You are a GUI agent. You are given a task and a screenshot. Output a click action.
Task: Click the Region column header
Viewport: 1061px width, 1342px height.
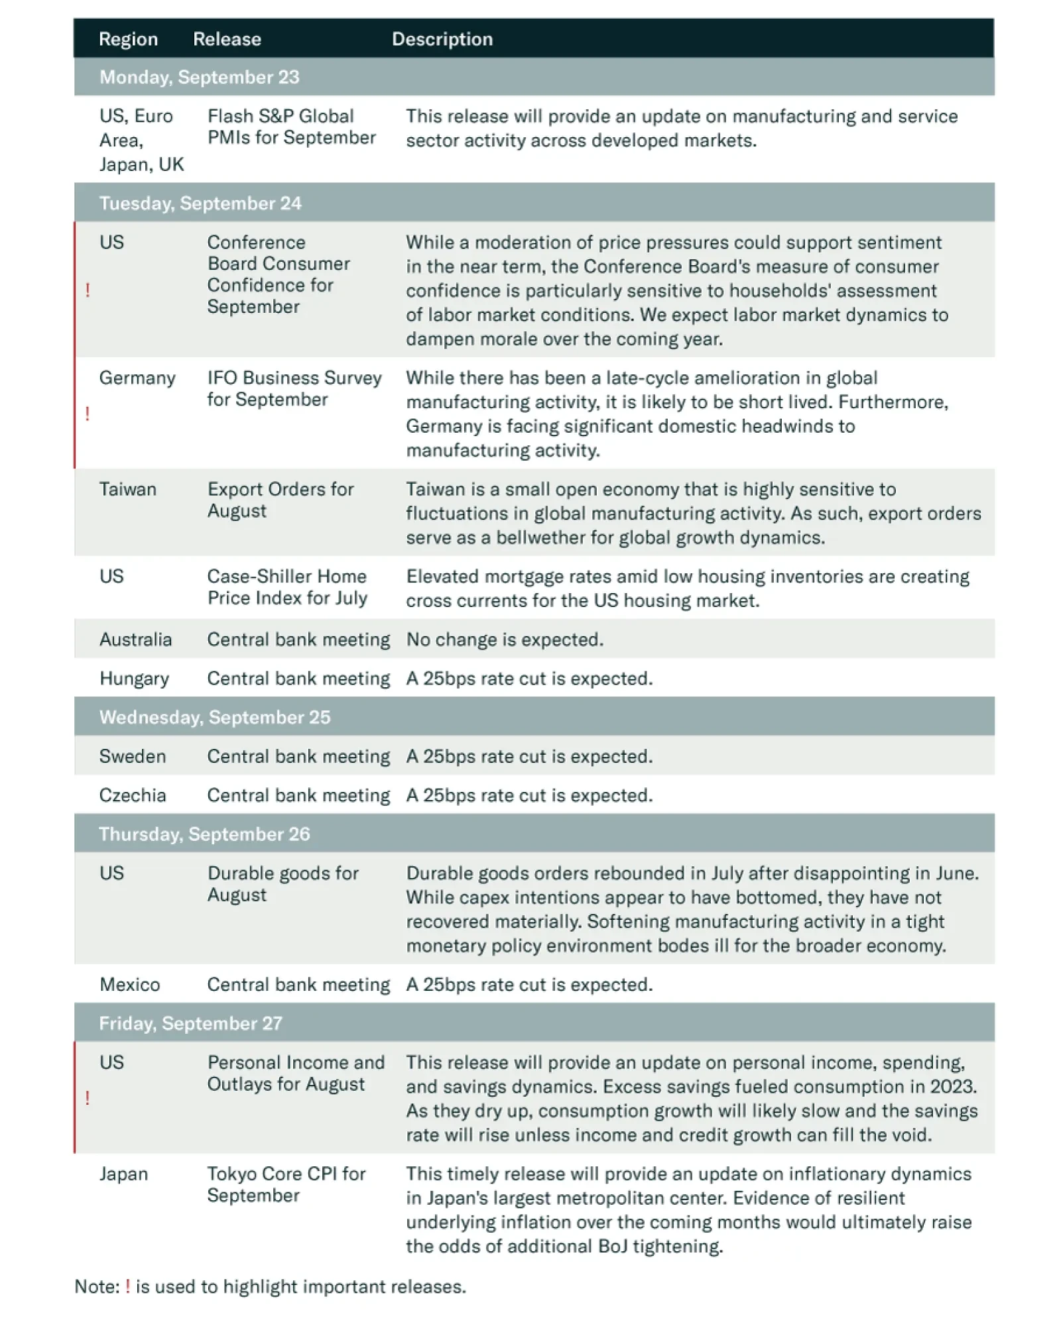tap(128, 39)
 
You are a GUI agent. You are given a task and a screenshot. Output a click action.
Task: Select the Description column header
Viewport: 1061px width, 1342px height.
tap(442, 39)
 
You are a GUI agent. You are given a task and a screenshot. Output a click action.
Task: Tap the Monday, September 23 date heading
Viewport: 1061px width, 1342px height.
tap(199, 77)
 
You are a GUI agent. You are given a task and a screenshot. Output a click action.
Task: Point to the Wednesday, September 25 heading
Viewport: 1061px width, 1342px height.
tap(214, 717)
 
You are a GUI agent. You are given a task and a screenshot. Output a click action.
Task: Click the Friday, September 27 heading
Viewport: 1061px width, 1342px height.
tap(190, 1023)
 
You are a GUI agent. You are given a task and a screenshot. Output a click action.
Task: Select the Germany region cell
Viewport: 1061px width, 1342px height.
tap(137, 378)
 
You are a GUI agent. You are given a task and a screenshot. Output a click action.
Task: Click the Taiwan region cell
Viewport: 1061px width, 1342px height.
tap(128, 489)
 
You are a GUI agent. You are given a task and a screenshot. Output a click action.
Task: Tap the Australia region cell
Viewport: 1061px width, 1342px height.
tap(135, 640)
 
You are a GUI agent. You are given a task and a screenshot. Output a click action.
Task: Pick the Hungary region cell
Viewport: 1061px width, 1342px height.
tap(134, 679)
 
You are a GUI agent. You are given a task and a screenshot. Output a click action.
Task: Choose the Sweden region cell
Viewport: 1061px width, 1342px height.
tap(133, 756)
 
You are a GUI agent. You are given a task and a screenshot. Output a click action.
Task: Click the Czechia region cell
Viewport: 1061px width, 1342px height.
tap(133, 795)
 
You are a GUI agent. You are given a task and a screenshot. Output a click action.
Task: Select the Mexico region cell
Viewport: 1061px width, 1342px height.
tap(130, 985)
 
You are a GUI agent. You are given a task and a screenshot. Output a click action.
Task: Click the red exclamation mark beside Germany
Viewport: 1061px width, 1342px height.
tap(88, 414)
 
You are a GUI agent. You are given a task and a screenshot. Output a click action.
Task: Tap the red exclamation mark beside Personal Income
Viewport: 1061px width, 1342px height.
tap(88, 1098)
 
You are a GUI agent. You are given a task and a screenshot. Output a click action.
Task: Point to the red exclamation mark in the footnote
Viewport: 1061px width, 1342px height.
tap(127, 1286)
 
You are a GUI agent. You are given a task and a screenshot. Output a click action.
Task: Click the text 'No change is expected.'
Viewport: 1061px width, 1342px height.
tap(505, 640)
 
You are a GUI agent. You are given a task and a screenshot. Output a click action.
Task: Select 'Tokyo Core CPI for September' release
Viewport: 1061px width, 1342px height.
tap(286, 1184)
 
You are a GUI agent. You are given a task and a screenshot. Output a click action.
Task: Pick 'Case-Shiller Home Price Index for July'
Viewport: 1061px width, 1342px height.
tap(287, 587)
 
